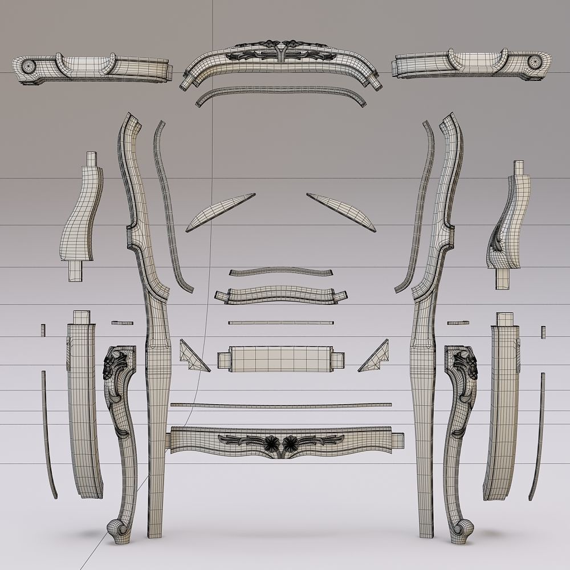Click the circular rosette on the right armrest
[536, 62]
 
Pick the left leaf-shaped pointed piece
[219, 211]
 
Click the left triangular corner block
[191, 357]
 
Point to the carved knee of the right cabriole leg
[464, 368]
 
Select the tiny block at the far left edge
[43, 330]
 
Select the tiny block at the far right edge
[543, 331]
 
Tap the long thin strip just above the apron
[281, 406]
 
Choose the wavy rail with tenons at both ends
[280, 295]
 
